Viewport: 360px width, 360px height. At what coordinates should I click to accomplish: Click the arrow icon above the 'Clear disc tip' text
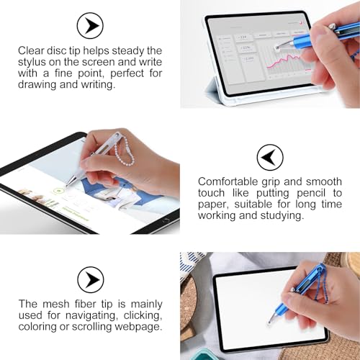tap(89, 27)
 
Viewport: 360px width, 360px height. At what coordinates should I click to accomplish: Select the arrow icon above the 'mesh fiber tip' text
tap(90, 279)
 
